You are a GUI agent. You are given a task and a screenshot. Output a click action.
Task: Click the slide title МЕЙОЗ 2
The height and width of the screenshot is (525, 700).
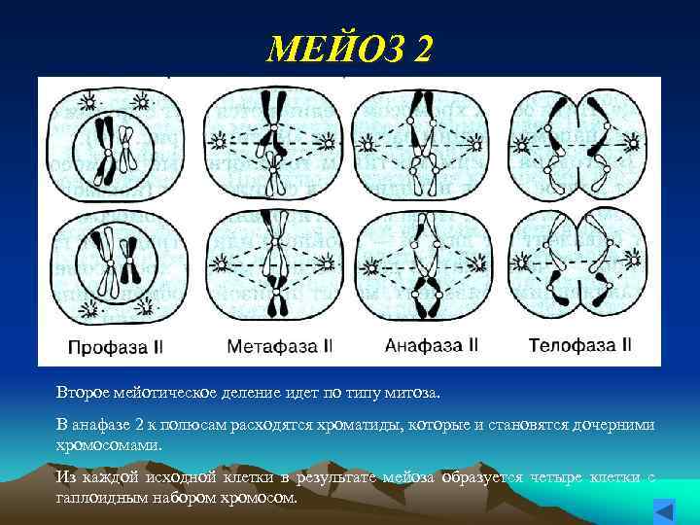click(350, 46)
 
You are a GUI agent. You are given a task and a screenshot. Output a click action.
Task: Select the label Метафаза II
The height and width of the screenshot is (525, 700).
click(280, 344)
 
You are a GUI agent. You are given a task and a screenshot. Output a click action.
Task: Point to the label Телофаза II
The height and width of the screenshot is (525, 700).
click(579, 344)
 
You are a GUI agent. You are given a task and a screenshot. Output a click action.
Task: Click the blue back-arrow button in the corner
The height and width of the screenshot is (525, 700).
click(664, 510)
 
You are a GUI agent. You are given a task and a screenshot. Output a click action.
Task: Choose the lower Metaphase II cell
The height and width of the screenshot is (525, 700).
click(277, 264)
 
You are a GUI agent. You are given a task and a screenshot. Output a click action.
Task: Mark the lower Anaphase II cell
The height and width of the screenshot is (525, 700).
click(426, 264)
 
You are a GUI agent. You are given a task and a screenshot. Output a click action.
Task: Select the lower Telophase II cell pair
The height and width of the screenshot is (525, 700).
click(577, 264)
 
